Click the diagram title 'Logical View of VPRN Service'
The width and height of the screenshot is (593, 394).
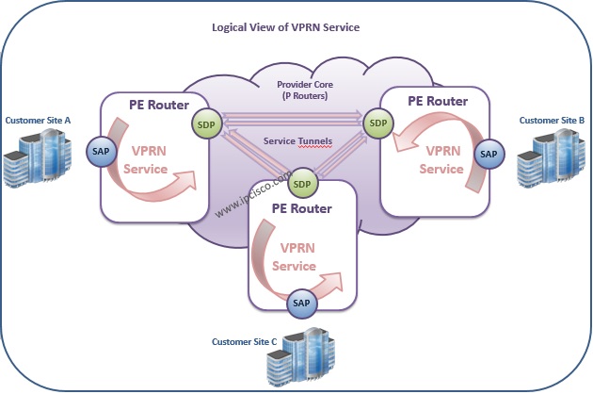pyautogui.click(x=285, y=27)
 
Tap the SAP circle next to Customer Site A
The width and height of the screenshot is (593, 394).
pyautogui.click(x=101, y=151)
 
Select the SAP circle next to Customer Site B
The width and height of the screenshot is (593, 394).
pyautogui.click(x=489, y=155)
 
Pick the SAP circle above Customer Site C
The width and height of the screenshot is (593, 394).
pyautogui.click(x=301, y=304)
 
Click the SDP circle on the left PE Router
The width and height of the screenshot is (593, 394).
pyautogui.click(x=206, y=124)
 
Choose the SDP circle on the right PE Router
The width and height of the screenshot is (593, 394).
pyautogui.click(x=378, y=123)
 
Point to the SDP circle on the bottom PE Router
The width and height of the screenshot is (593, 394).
pyautogui.click(x=302, y=184)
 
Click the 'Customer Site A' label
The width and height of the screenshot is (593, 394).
pyautogui.click(x=38, y=121)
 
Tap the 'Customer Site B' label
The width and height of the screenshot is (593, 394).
pyautogui.click(x=552, y=121)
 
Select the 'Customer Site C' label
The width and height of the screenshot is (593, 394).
pyautogui.click(x=245, y=342)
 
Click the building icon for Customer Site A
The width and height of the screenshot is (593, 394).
pyautogui.click(x=38, y=157)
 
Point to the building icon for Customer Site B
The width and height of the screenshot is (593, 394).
pyautogui.click(x=552, y=157)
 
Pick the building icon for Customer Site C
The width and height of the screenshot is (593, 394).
pyautogui.click(x=301, y=356)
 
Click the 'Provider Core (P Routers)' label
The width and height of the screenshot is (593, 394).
pyautogui.click(x=305, y=90)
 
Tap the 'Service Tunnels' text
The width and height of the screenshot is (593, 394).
pyautogui.click(x=297, y=141)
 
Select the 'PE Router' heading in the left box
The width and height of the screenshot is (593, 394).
pyautogui.click(x=159, y=105)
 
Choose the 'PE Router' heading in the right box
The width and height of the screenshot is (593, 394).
pyautogui.click(x=438, y=101)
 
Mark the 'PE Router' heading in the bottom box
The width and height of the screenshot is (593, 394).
pyautogui.click(x=302, y=208)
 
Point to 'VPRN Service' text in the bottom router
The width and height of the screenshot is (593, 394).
pyautogui.click(x=295, y=257)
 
